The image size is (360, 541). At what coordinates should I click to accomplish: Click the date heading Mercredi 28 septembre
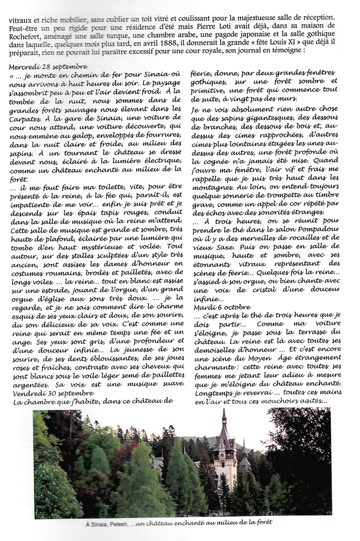48,66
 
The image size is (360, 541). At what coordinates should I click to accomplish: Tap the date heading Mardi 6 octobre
222,307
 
